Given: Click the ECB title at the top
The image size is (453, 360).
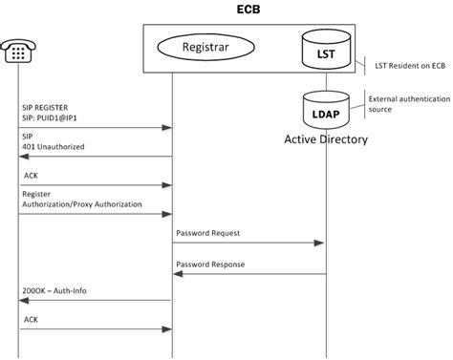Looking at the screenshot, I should [x=248, y=10].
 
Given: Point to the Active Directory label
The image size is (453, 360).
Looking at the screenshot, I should [x=326, y=139].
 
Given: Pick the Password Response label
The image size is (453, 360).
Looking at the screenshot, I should [x=210, y=264].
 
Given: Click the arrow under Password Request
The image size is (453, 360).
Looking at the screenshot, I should [x=248, y=244].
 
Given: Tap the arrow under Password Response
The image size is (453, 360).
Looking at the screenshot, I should [x=248, y=274].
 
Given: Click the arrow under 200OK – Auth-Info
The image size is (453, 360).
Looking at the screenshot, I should [x=95, y=300].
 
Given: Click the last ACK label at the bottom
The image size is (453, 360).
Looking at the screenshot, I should [x=31, y=317].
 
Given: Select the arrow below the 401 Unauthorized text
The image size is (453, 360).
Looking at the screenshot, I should [x=95, y=158].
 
